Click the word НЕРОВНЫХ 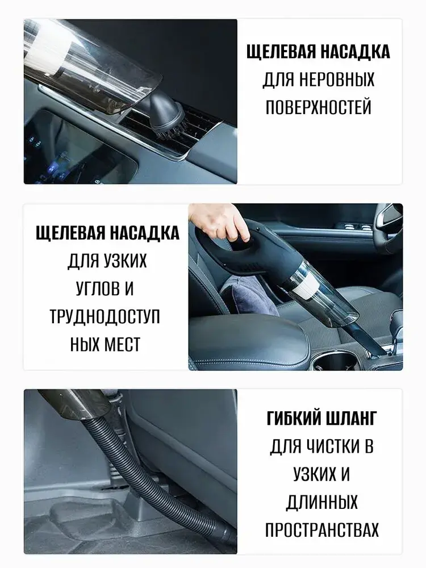[336, 80]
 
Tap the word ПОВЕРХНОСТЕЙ [319, 107]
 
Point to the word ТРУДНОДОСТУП [105, 316]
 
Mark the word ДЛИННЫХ [321, 502]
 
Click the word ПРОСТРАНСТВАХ [321, 529]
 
